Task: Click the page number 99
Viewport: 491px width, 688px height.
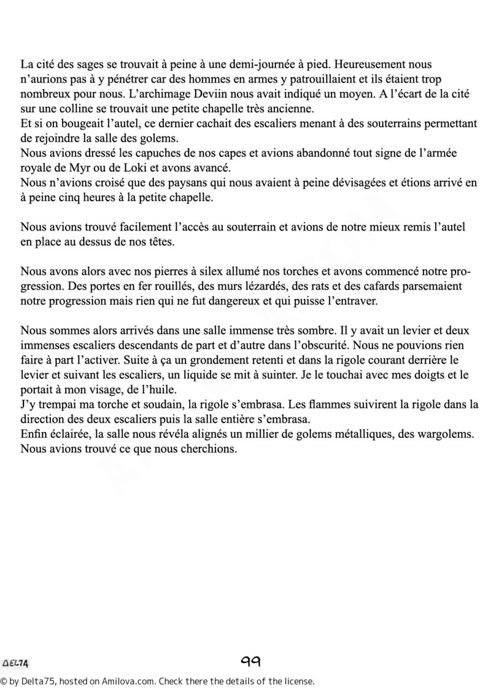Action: [x=251, y=661]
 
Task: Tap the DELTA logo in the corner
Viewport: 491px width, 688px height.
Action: [x=17, y=663]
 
